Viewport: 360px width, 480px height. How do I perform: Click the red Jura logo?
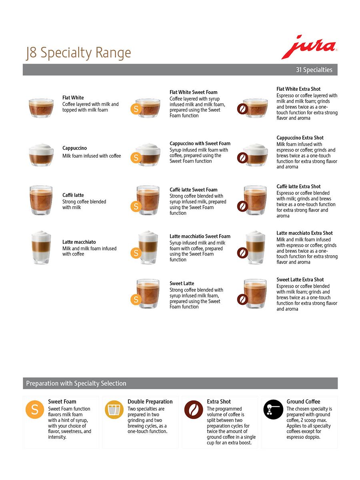click(309, 47)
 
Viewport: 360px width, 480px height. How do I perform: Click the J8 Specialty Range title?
click(78, 53)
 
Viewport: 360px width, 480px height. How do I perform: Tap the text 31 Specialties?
click(314, 70)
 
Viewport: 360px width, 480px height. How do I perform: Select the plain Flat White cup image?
click(41, 108)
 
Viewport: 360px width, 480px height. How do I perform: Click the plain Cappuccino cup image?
click(41, 155)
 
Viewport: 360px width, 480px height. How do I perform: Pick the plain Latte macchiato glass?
click(41, 247)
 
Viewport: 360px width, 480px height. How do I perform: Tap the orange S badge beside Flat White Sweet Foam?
click(136, 109)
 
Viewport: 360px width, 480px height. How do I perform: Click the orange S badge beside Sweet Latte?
click(136, 299)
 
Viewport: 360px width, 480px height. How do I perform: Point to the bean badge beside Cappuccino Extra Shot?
click(242, 158)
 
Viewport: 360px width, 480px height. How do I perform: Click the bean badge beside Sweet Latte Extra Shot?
click(242, 299)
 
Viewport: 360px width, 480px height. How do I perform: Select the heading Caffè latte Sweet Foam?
click(194, 190)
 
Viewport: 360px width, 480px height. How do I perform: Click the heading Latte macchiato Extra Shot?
click(304, 233)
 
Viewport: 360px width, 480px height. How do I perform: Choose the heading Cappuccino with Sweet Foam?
click(200, 144)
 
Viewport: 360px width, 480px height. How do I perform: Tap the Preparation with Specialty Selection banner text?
click(76, 383)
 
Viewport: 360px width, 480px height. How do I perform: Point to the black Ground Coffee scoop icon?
click(273, 409)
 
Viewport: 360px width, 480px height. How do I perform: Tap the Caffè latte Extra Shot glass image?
click(255, 200)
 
